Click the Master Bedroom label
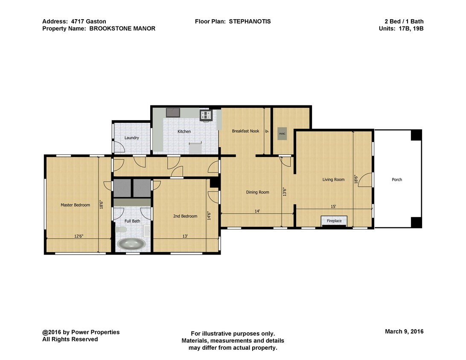(x=75, y=205)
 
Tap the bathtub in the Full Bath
(x=131, y=244)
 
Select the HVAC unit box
(x=282, y=134)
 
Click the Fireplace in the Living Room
(x=334, y=221)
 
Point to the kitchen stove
(x=206, y=114)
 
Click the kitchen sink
(x=173, y=113)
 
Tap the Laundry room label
(x=131, y=138)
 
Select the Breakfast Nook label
(x=245, y=131)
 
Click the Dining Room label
(x=258, y=192)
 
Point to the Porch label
(x=397, y=180)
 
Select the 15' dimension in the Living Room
(x=333, y=206)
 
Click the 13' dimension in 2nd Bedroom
(x=185, y=236)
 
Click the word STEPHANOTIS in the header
(x=250, y=21)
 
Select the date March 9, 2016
(x=404, y=331)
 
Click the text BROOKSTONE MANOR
(x=122, y=29)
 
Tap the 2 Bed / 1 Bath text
(x=403, y=21)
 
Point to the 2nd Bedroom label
(x=185, y=216)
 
